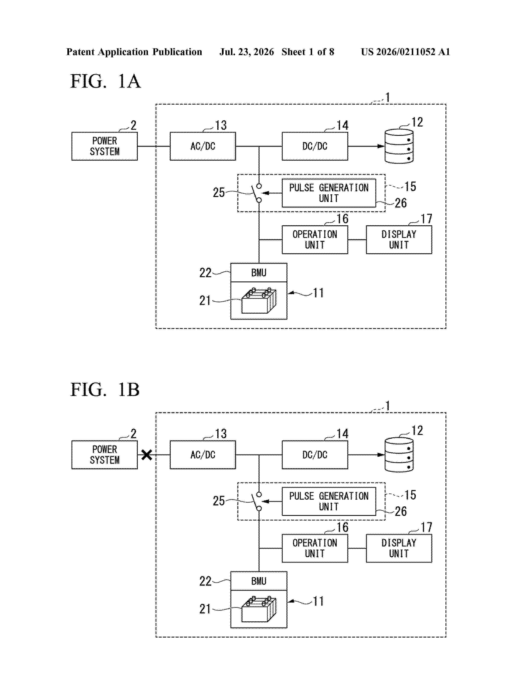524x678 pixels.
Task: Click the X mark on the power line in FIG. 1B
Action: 147,455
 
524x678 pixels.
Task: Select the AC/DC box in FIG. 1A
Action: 203,146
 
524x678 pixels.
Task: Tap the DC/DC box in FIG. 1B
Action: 315,455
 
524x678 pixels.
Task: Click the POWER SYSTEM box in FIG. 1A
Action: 105,146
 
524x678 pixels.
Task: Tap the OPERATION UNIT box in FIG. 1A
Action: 315,240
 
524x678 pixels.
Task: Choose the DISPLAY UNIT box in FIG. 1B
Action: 399,548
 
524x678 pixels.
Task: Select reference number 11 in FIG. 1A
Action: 318,293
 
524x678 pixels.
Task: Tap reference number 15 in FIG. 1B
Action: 410,495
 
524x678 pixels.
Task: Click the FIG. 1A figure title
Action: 106,81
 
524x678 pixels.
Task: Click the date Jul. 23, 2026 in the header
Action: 247,52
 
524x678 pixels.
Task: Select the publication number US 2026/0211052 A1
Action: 405,52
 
